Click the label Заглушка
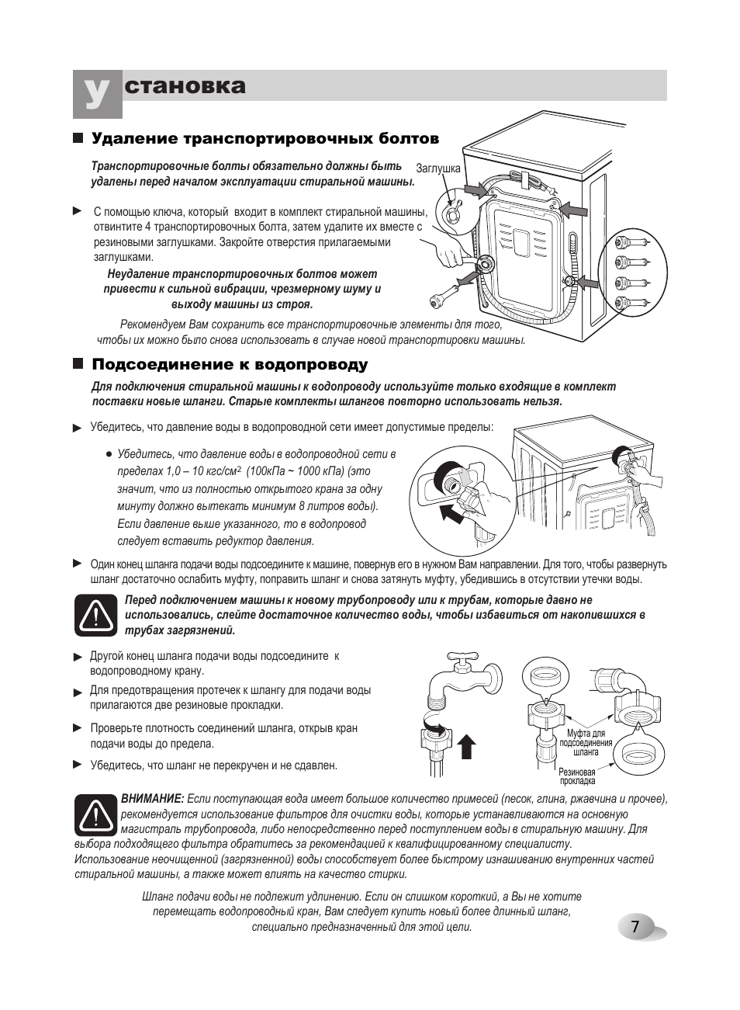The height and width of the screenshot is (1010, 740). point(438,168)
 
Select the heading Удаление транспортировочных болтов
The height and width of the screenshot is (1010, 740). point(265,139)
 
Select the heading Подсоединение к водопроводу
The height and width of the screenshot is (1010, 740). point(230,365)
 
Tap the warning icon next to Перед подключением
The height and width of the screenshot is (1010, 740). point(95,615)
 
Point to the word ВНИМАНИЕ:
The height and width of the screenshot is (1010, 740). point(153,799)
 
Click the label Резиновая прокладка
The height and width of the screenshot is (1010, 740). point(576,776)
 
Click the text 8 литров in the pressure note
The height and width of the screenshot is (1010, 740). point(320,506)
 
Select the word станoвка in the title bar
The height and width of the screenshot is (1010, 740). point(185,86)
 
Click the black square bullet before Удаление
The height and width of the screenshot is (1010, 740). point(78,138)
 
